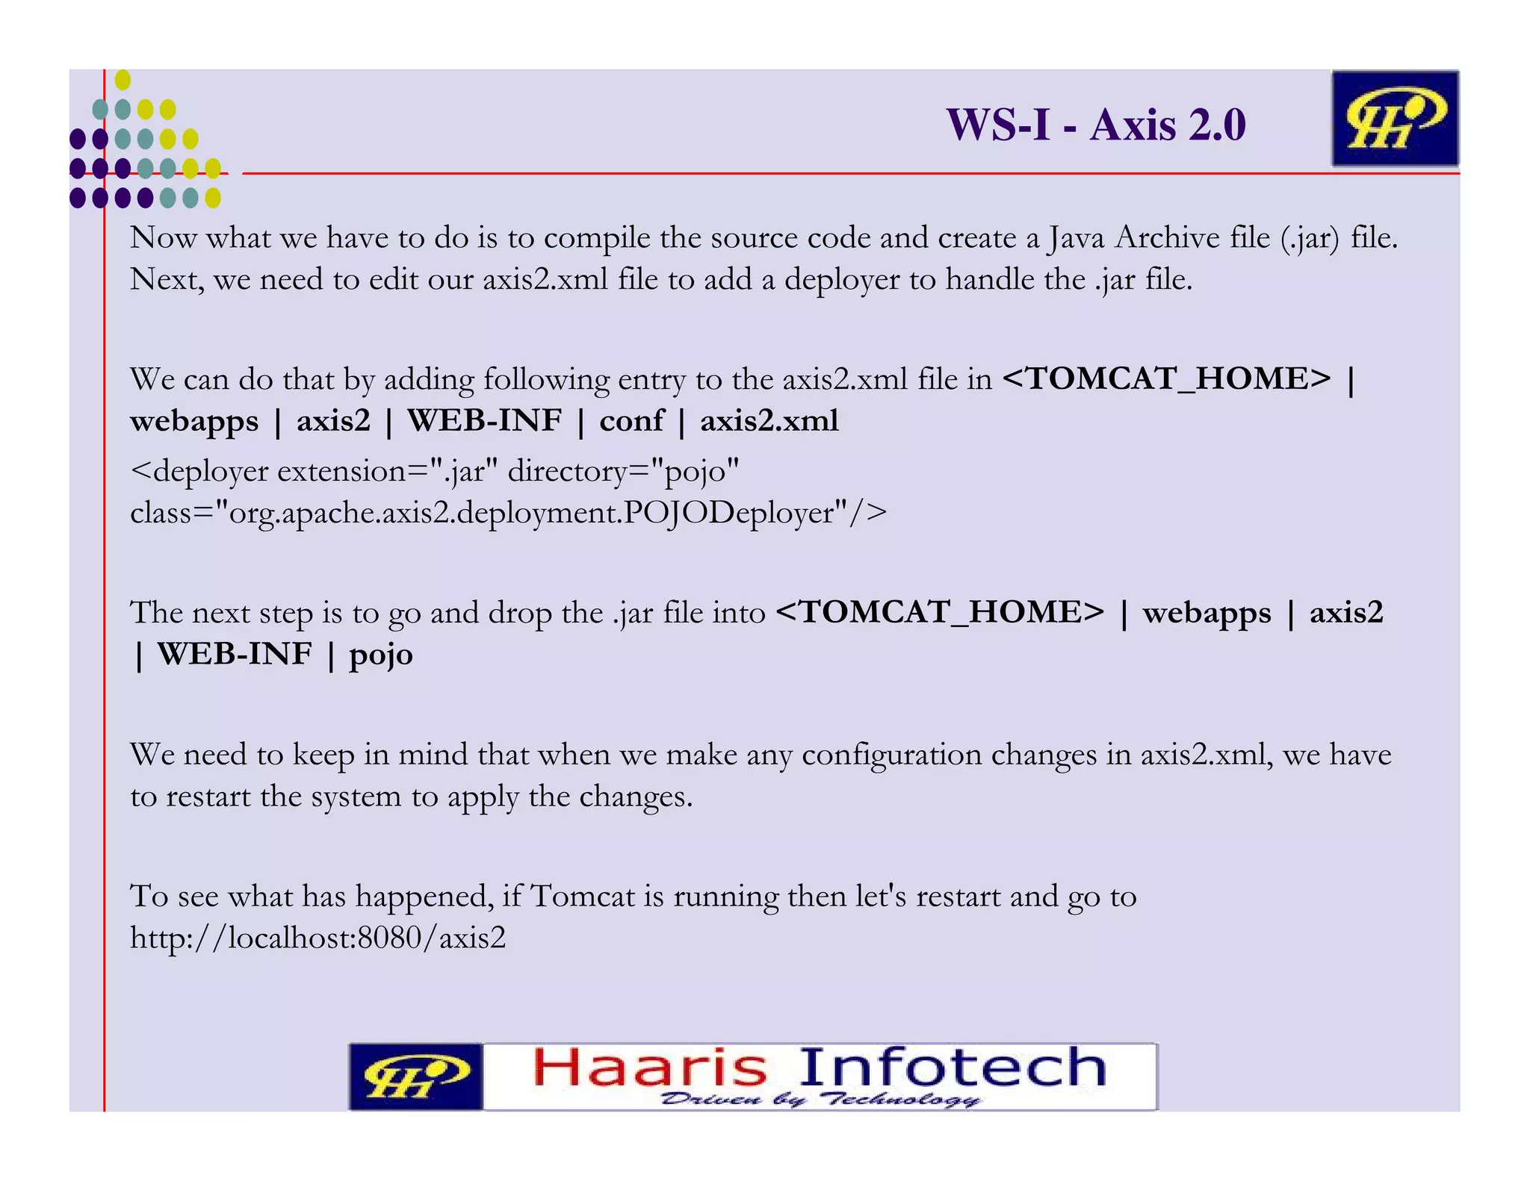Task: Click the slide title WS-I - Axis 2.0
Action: point(1096,125)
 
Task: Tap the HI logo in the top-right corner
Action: point(1394,118)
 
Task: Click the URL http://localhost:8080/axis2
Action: point(318,938)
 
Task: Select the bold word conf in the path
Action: point(631,421)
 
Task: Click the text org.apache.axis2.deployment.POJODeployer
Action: point(532,514)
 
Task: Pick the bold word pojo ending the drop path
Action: point(381,655)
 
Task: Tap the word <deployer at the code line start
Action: point(199,472)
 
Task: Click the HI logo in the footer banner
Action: point(415,1076)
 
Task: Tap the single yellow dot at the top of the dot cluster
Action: point(123,80)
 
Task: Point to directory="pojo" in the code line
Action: point(624,472)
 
